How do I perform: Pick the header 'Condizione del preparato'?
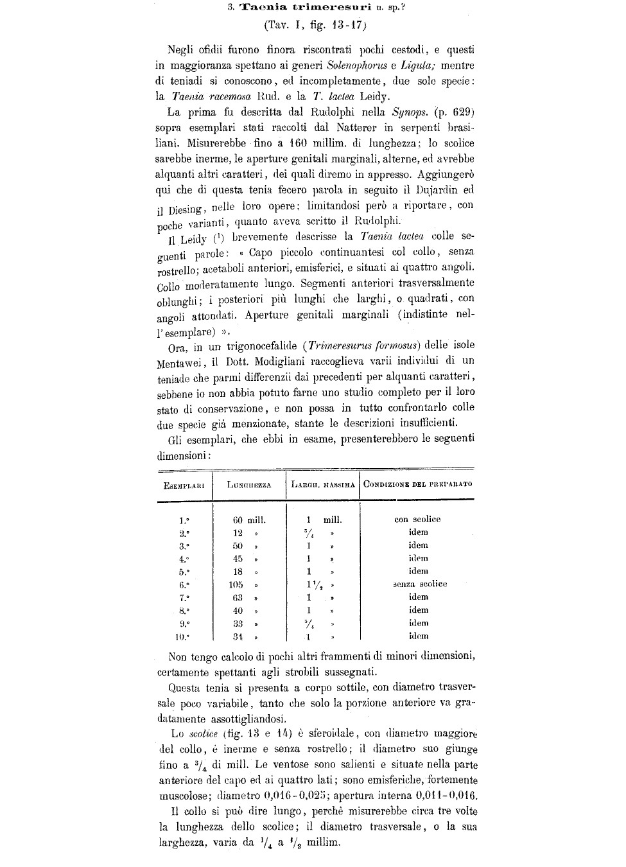pos(417,484)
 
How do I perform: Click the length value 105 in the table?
pos(236,584)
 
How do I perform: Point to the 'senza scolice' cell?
pos(420,584)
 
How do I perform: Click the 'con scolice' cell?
pos(417,519)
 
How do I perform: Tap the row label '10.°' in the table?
pos(183,636)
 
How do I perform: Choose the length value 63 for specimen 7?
pos(238,597)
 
